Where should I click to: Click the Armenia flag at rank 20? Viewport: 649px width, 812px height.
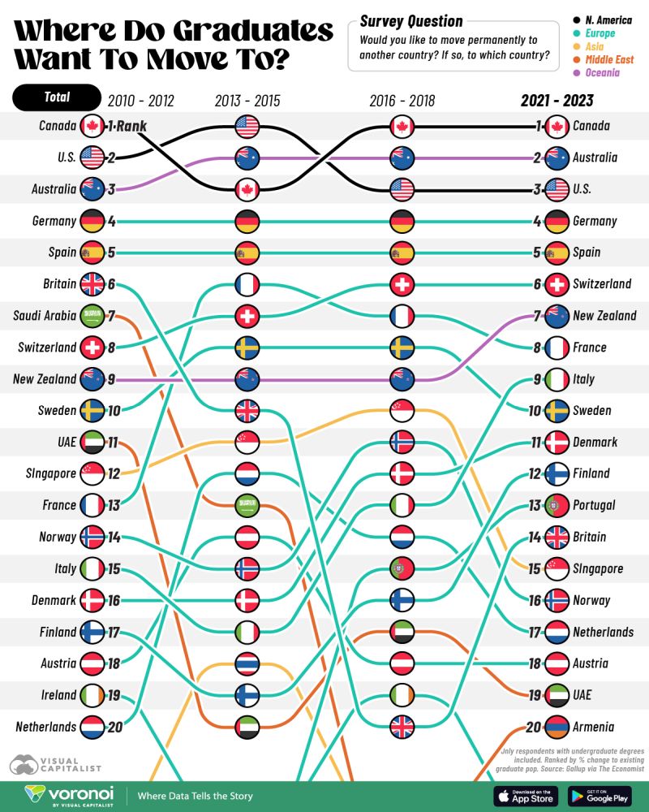pos(557,727)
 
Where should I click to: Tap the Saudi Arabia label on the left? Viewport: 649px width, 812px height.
pos(45,315)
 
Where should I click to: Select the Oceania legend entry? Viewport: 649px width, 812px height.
pos(599,72)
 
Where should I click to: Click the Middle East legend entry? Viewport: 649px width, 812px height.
pos(604,59)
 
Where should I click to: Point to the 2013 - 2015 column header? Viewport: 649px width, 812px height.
pos(247,101)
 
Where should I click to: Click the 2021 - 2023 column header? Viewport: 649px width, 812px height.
pos(557,101)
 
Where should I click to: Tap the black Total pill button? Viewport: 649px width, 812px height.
pos(56,97)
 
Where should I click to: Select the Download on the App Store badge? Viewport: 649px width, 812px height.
pos(525,797)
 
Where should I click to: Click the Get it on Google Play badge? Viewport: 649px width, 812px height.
pos(600,797)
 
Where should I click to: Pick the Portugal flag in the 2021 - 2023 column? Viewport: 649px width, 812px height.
pos(557,505)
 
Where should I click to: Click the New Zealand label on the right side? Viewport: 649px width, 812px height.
pos(604,315)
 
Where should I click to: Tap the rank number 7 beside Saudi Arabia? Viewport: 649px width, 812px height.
pos(113,315)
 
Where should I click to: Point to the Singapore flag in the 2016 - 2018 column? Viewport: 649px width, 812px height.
pos(402,410)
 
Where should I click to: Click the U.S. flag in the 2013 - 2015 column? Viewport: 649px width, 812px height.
pos(247,126)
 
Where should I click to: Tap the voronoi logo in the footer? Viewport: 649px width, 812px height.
pos(69,795)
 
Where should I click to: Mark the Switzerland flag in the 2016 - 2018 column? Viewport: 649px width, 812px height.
pos(402,284)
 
